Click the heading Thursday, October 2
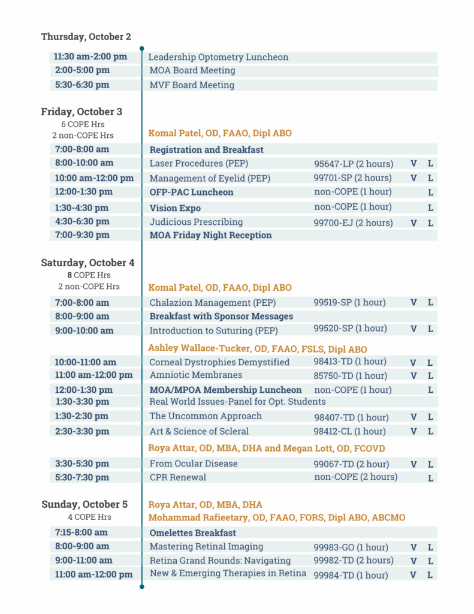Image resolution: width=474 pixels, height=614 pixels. (86, 37)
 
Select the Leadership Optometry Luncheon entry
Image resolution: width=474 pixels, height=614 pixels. (219, 58)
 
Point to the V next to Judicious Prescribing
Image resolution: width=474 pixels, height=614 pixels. (413, 223)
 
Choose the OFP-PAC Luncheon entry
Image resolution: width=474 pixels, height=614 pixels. (191, 192)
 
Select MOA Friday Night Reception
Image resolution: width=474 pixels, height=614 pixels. (210, 235)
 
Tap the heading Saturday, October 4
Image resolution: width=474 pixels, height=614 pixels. (87, 263)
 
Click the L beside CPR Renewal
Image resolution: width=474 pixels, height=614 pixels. (430, 478)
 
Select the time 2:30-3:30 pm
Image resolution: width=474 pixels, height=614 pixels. (81, 431)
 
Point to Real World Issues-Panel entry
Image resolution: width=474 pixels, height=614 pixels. (237, 402)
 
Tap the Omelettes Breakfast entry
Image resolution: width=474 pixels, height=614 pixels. (192, 533)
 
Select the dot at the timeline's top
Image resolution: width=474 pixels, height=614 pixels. (141, 49)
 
